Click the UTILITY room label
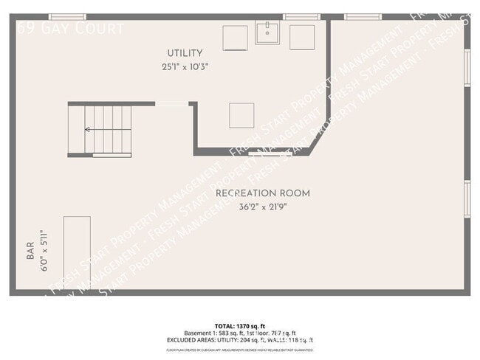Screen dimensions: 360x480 point(185,53)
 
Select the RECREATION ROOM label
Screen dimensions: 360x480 point(262,193)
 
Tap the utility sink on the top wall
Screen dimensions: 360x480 point(267,32)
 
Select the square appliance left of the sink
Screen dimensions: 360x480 point(236,37)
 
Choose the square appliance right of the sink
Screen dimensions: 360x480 point(302,37)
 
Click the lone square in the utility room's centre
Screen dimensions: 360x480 point(241,115)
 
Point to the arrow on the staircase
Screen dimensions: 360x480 point(88,129)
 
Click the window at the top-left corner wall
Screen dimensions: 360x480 point(67,16)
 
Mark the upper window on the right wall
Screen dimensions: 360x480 point(467,68)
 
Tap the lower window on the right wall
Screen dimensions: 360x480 point(467,199)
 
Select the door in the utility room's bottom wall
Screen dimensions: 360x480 point(270,153)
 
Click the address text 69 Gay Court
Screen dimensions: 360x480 point(71,29)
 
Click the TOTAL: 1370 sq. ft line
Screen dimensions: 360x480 point(239,325)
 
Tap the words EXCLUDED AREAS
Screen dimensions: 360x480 point(195,340)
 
